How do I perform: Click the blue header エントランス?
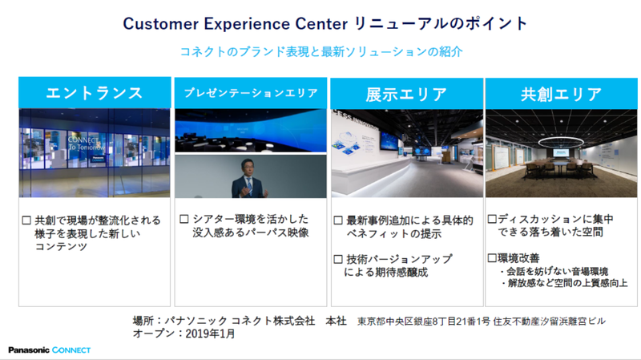95,93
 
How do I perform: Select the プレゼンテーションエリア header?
251,93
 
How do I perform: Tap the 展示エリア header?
406,93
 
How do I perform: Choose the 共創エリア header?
561,93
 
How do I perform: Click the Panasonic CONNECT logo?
49,350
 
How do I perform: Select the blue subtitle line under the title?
321,51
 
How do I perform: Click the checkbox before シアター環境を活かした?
183,219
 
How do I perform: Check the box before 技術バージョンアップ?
339,259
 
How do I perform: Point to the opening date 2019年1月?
209,334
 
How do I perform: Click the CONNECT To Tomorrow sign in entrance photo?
83,144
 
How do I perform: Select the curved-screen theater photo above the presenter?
251,130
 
